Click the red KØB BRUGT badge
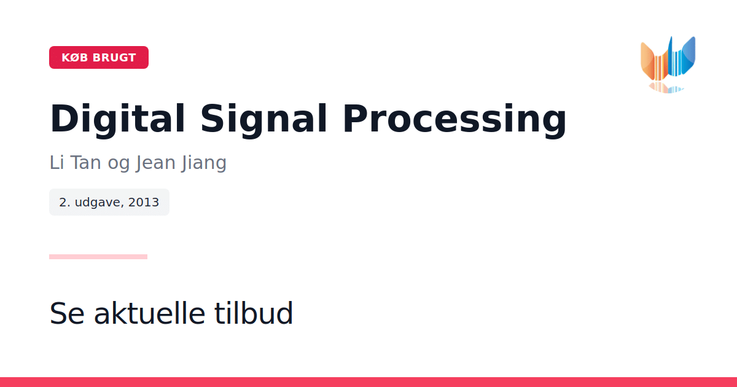[99, 57]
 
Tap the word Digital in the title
[117, 119]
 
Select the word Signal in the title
[263, 119]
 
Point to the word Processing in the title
[454, 119]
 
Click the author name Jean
[155, 163]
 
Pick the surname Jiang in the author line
[204, 163]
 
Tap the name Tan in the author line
[85, 163]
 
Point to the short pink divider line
[98, 257]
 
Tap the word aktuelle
[150, 313]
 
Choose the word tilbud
[253, 313]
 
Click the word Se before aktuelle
[67, 314]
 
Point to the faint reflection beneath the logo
[666, 88]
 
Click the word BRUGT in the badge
[114, 58]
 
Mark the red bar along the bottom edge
[368, 382]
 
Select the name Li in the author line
[57, 163]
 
